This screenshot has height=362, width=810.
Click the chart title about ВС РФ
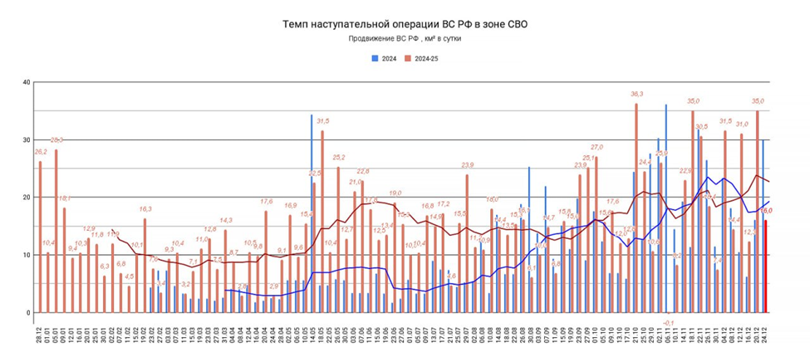click(x=405, y=25)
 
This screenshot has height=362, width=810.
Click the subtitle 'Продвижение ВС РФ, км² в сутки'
click(x=404, y=39)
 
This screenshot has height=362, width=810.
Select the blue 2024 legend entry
click(x=383, y=59)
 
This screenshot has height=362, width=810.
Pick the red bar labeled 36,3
click(x=636, y=208)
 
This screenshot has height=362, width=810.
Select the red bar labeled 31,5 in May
click(x=322, y=221)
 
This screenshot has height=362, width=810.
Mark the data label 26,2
click(x=40, y=152)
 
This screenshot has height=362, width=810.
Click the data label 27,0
click(x=596, y=147)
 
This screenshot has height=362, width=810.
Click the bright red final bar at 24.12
click(x=765, y=266)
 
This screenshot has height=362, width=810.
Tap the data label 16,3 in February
click(x=145, y=209)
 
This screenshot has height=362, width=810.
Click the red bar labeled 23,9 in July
click(x=467, y=243)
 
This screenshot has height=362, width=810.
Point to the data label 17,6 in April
click(x=266, y=202)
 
